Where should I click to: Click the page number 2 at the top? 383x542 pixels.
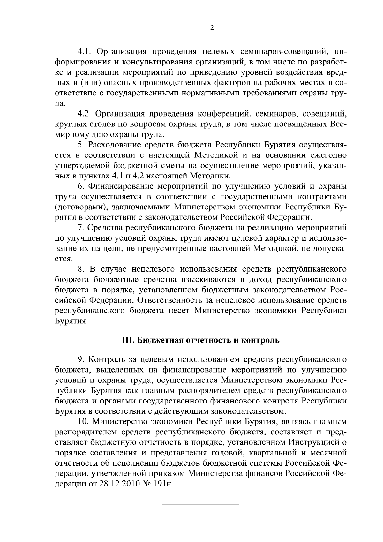tap(212, 28)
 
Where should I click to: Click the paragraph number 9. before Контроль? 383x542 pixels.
tap(81, 359)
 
